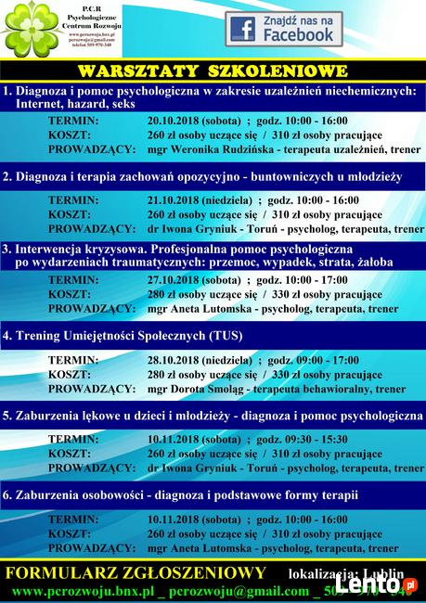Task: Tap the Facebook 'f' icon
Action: [244, 30]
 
